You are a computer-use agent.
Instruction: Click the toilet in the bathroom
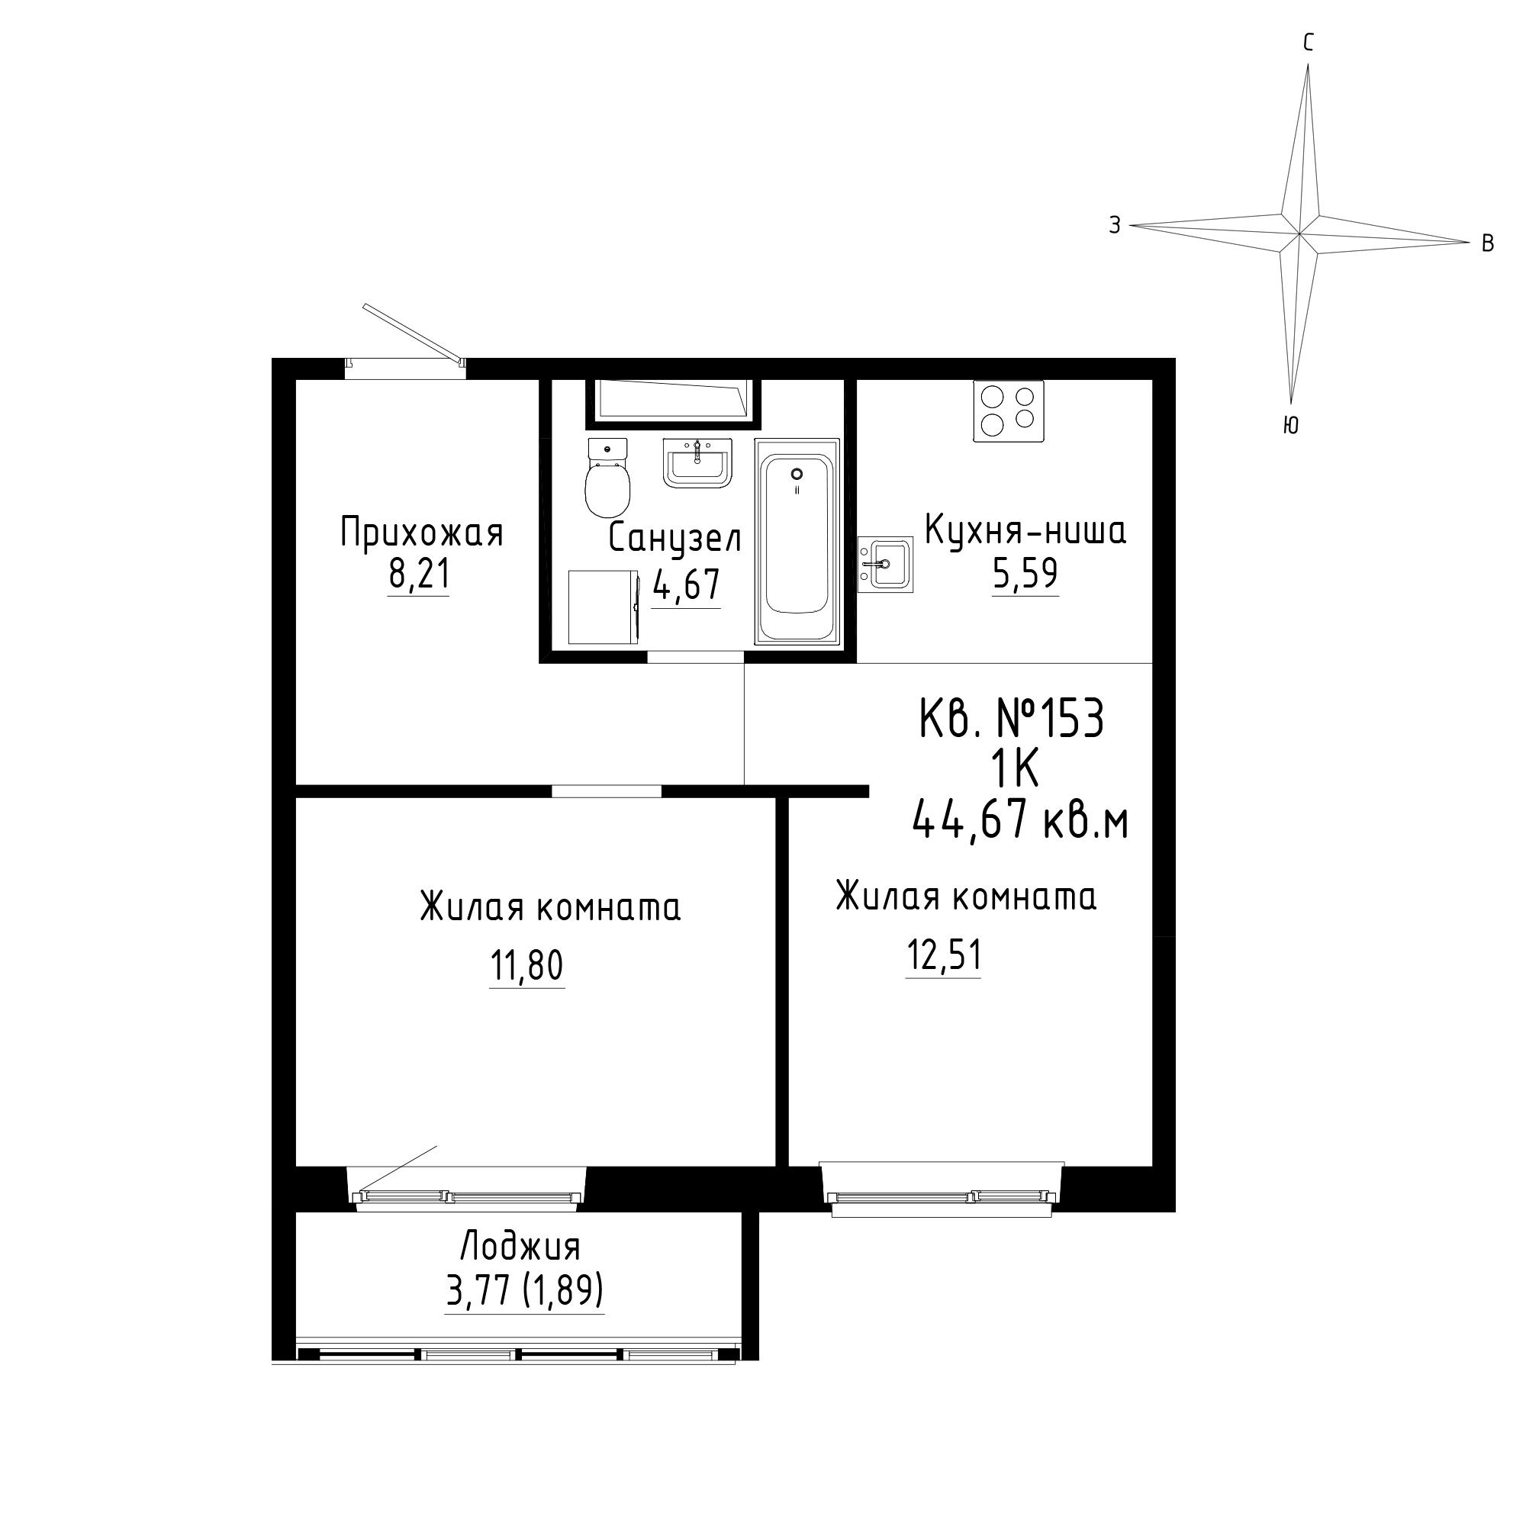click(607, 477)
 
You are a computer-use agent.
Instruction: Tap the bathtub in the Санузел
click(796, 542)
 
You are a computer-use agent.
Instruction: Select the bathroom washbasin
click(697, 463)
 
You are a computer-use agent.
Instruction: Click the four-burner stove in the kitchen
click(1009, 410)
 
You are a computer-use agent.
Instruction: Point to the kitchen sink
click(885, 564)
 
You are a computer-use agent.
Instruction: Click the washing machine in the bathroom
click(604, 608)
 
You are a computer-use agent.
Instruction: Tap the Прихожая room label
click(422, 534)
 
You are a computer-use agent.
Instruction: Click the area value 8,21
click(419, 575)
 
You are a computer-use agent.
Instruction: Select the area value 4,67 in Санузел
click(687, 585)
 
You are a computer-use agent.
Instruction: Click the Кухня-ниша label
click(1025, 531)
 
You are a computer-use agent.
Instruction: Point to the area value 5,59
click(1025, 574)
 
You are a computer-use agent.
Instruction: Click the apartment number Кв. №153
click(1011, 720)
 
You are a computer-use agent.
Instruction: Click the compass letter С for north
click(1308, 43)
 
